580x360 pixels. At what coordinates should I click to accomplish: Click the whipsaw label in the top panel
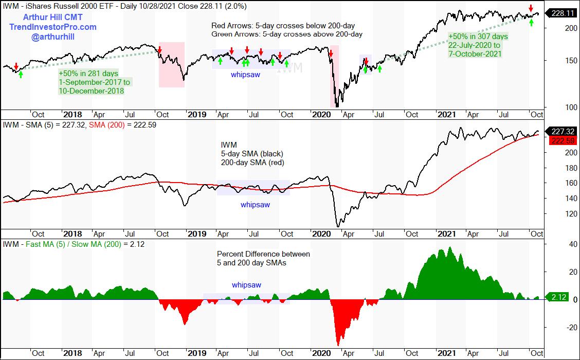coord(244,74)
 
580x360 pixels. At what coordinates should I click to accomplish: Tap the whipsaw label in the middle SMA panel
coord(255,205)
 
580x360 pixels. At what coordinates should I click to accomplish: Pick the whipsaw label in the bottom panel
coord(246,285)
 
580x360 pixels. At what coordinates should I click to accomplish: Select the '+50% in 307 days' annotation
coord(478,37)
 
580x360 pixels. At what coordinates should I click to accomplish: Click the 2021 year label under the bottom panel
coord(444,353)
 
